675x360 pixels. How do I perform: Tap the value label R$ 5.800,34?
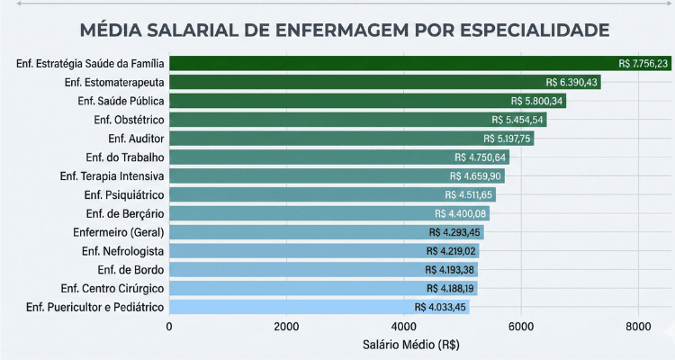click(531, 101)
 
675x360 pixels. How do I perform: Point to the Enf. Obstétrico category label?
click(128, 120)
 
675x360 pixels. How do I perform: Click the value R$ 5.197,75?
click(508, 139)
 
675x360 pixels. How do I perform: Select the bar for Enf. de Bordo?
click(297, 270)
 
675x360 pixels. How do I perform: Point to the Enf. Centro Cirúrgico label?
click(112, 288)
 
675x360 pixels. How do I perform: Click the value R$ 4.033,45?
click(441, 307)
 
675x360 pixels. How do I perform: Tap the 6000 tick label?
click(521, 326)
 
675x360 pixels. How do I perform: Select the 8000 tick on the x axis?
click(638, 326)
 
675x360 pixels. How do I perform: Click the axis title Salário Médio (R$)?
click(404, 345)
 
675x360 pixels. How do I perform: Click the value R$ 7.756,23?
click(643, 63)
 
